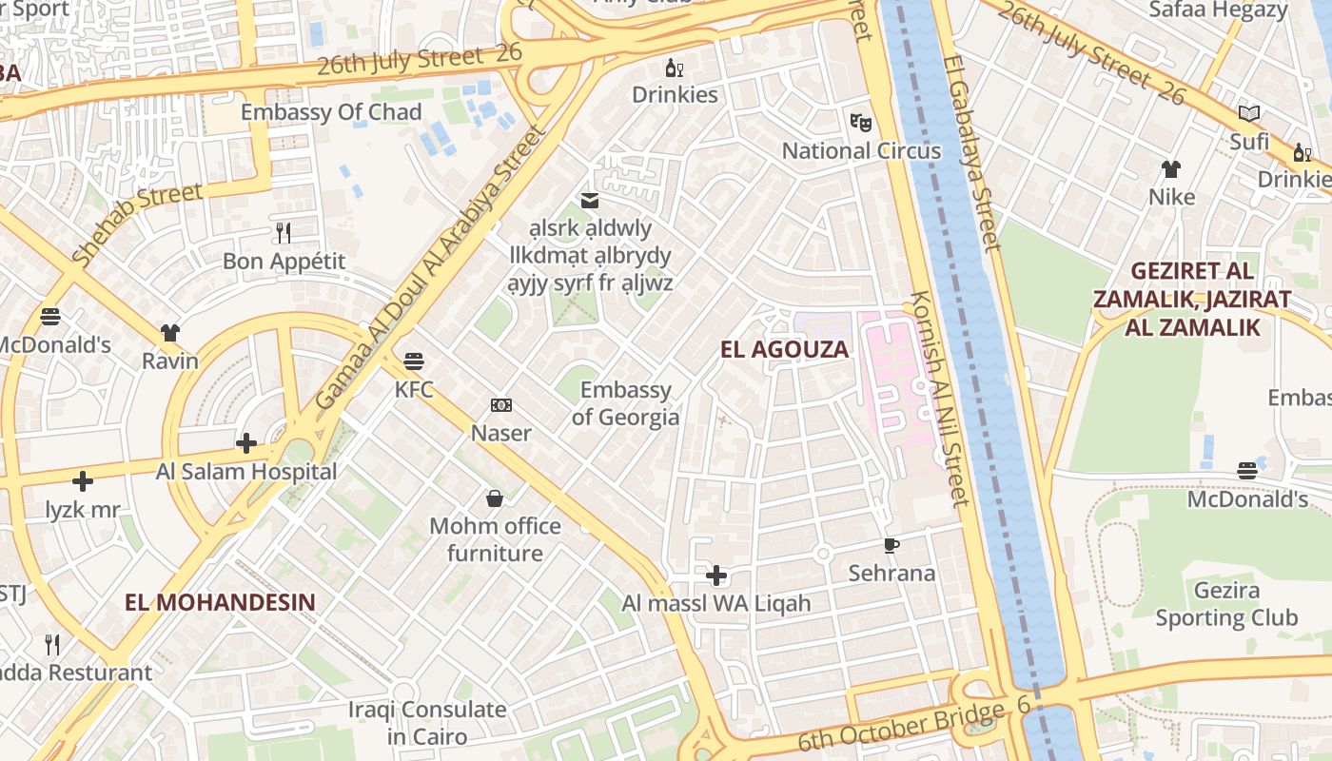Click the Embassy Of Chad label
330,112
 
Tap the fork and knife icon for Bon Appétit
283,232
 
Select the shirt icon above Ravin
170,333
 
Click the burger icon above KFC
414,361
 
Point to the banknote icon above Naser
501,405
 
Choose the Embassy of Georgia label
626,403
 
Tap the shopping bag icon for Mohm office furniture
495,498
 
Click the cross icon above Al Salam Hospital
246,443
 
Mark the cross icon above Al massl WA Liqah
716,576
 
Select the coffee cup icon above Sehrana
891,545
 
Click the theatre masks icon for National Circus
861,122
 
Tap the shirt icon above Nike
1171,169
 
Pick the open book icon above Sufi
1249,114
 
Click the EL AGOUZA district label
784,349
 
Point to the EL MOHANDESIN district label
220,602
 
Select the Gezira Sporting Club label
1225,604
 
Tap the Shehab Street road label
137,224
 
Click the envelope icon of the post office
590,200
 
